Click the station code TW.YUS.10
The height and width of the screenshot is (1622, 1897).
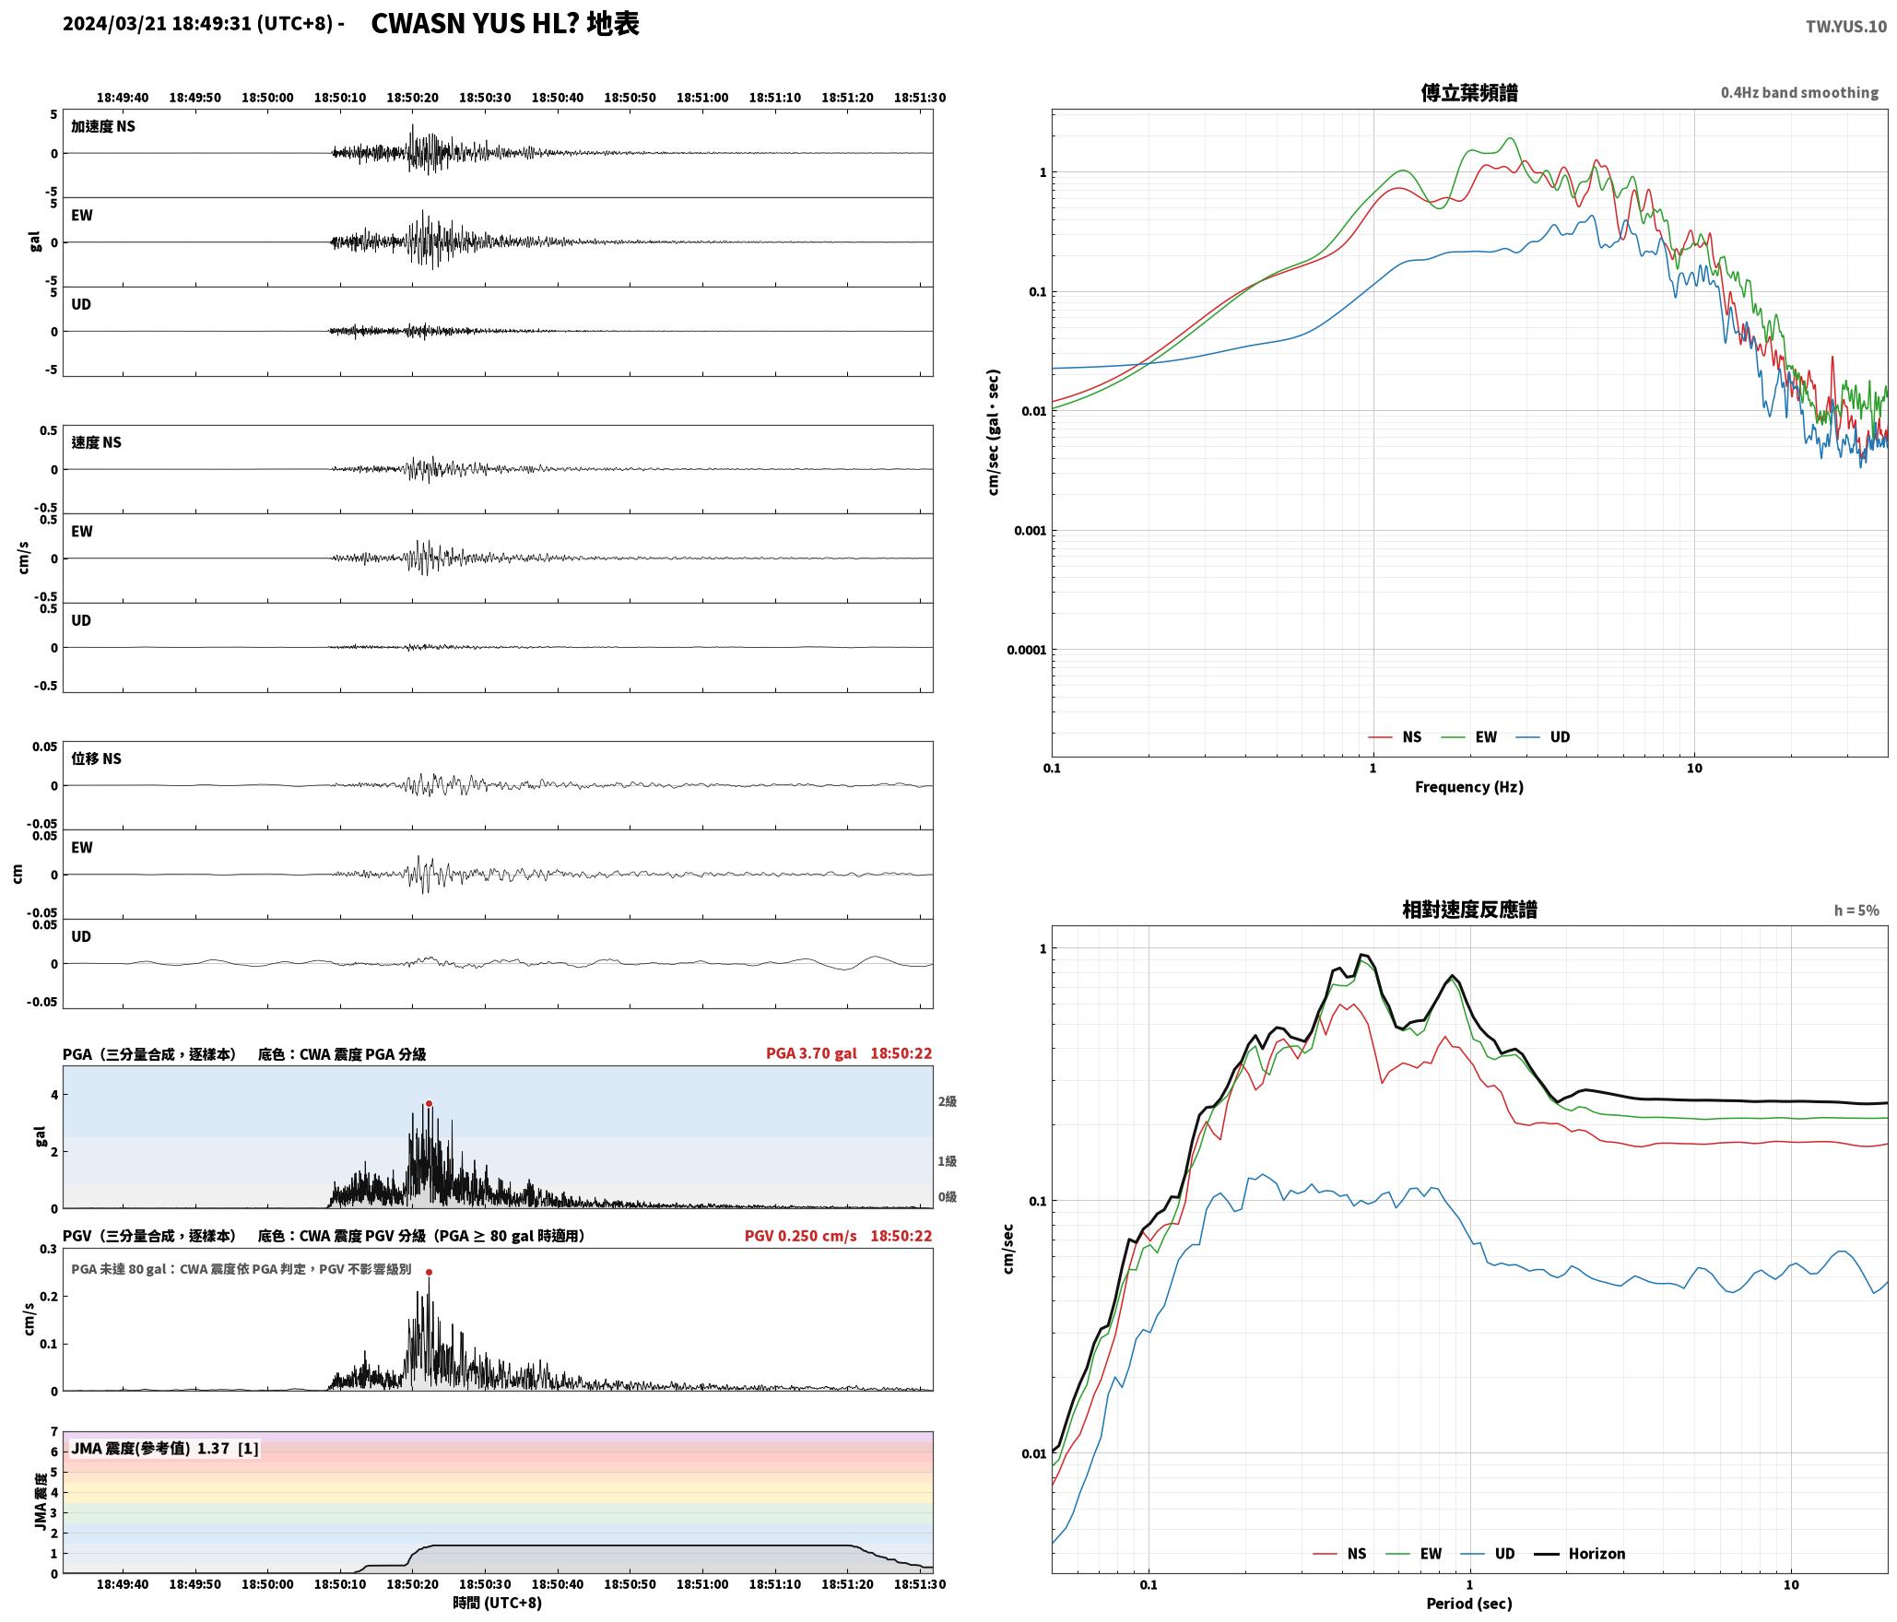[1845, 27]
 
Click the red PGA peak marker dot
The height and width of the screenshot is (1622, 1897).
[429, 1104]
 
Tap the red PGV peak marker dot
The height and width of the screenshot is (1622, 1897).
[429, 1272]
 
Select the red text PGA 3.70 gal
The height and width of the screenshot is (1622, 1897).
[811, 1053]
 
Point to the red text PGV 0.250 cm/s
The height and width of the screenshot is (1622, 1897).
[800, 1236]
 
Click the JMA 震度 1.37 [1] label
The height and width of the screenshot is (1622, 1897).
[165, 1448]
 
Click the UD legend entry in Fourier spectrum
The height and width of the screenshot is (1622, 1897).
[1543, 736]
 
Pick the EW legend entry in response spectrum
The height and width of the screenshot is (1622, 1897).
[1414, 1553]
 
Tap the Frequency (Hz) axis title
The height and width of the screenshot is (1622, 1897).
[1469, 786]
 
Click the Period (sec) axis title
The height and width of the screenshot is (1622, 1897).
[1469, 1603]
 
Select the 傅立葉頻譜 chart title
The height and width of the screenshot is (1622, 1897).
[1469, 92]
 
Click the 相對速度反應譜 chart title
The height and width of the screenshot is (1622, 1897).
[1469, 909]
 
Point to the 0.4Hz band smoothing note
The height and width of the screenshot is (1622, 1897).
[1799, 92]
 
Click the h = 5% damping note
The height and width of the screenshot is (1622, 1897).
[1856, 910]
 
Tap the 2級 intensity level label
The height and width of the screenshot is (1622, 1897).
[948, 1101]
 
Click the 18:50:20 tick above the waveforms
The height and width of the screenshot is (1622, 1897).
[412, 98]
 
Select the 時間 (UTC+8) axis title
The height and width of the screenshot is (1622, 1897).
[498, 1603]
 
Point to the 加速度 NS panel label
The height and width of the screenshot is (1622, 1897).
[103, 126]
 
